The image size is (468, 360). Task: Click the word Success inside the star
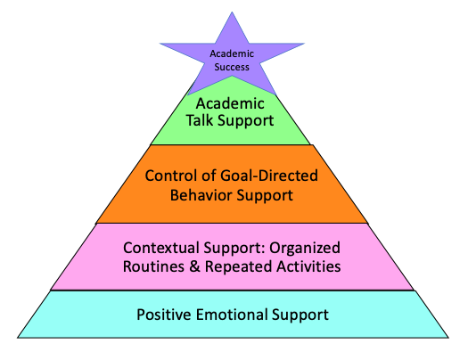click(x=232, y=67)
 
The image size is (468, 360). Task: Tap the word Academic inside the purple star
click(x=232, y=53)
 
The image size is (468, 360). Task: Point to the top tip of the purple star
click(x=232, y=12)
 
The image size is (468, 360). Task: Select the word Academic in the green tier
click(x=230, y=103)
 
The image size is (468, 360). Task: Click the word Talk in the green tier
click(x=200, y=120)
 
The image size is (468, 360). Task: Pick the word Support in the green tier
click(x=246, y=121)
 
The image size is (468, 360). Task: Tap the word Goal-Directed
click(x=269, y=176)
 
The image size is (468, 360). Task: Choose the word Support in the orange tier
click(x=265, y=196)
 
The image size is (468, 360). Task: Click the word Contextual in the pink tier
click(x=161, y=248)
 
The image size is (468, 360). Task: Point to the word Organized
click(x=305, y=248)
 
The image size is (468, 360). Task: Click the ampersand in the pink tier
click(x=194, y=266)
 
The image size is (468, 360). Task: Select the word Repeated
click(x=238, y=267)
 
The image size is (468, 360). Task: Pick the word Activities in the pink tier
click(x=308, y=266)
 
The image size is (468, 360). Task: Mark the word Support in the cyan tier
click(x=300, y=315)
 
